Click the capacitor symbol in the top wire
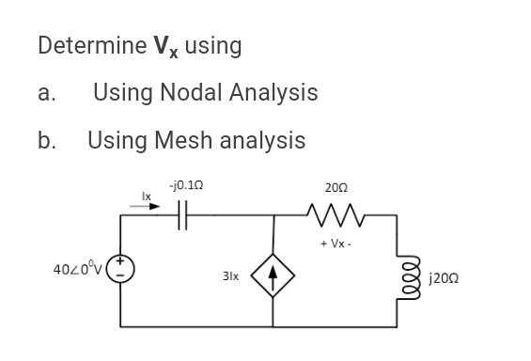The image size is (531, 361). pyautogui.click(x=182, y=214)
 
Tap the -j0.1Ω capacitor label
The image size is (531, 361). pyautogui.click(x=185, y=186)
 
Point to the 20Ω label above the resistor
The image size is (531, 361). pyautogui.click(x=336, y=188)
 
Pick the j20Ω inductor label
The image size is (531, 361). pyautogui.click(x=443, y=278)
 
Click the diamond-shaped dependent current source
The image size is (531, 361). pyautogui.click(x=273, y=277)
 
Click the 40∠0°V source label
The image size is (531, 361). pyautogui.click(x=78, y=271)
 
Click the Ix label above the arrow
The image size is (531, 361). pyautogui.click(x=146, y=196)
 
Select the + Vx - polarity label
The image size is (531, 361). pyautogui.click(x=336, y=243)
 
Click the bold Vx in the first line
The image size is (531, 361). pyautogui.click(x=165, y=46)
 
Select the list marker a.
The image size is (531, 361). pyautogui.click(x=46, y=93)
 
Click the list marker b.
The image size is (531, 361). pyautogui.click(x=46, y=141)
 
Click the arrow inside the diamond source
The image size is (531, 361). pyautogui.click(x=273, y=276)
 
